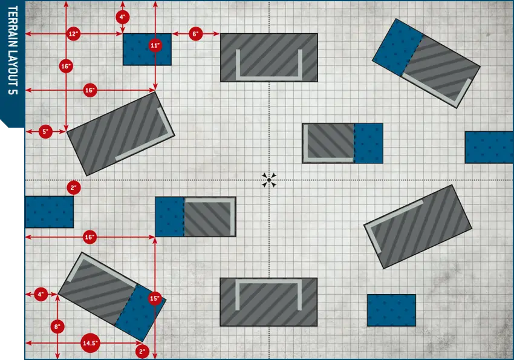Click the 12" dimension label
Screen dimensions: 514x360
tap(73, 34)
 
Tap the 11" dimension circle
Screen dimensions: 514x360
tap(155, 45)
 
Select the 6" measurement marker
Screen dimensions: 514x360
tap(196, 34)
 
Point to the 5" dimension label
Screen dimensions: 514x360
tap(45, 131)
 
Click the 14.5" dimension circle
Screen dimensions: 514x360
tap(90, 343)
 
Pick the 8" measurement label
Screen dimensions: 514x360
tap(57, 327)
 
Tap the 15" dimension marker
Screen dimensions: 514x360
tap(155, 298)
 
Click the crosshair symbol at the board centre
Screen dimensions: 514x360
tap(269, 180)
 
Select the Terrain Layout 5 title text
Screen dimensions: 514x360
tap(13, 50)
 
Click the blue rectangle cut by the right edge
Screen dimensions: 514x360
tap(489, 147)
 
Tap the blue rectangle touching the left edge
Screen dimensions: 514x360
tap(49, 212)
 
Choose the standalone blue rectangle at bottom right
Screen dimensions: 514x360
tap(391, 310)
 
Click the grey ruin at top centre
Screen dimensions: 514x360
tap(269, 57)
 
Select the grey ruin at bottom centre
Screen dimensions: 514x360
tap(268, 302)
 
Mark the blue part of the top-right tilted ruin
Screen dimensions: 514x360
tap(397, 47)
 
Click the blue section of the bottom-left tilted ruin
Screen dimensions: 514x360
tap(141, 313)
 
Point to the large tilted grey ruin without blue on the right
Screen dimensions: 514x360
tap(418, 227)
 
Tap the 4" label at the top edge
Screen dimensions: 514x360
tap(123, 17)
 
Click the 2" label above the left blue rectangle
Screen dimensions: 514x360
tap(73, 188)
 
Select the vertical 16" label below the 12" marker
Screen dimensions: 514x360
tap(66, 66)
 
